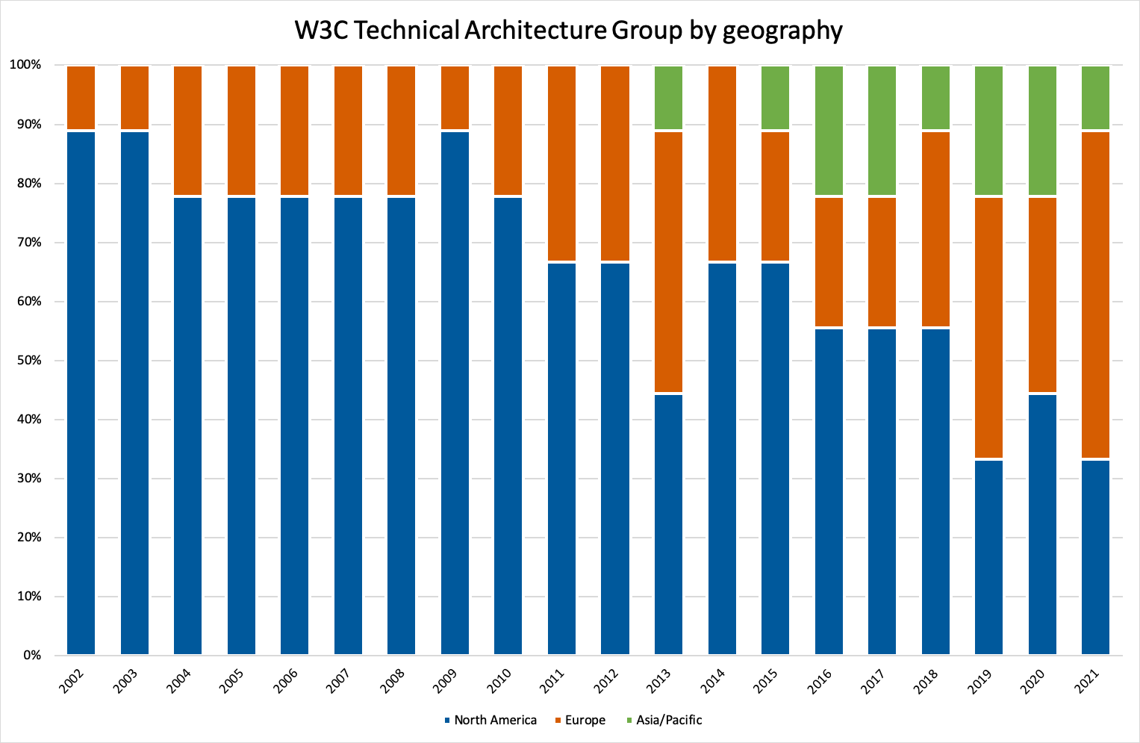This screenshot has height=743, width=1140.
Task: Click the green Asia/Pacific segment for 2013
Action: tap(668, 98)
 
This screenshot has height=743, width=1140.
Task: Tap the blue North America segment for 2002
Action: tap(81, 393)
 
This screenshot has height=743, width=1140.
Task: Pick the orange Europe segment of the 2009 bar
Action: tap(455, 98)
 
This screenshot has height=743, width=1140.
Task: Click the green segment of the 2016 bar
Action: tap(829, 131)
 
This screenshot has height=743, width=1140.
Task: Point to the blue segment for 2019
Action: tap(988, 557)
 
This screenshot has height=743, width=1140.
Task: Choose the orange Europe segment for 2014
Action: tap(722, 164)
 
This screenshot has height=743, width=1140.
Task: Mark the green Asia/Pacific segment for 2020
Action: tap(1042, 131)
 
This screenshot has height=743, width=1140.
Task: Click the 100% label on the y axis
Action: tap(25, 65)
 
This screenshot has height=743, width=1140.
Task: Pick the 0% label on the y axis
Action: tap(31, 656)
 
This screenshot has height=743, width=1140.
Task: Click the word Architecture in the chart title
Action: tap(535, 31)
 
